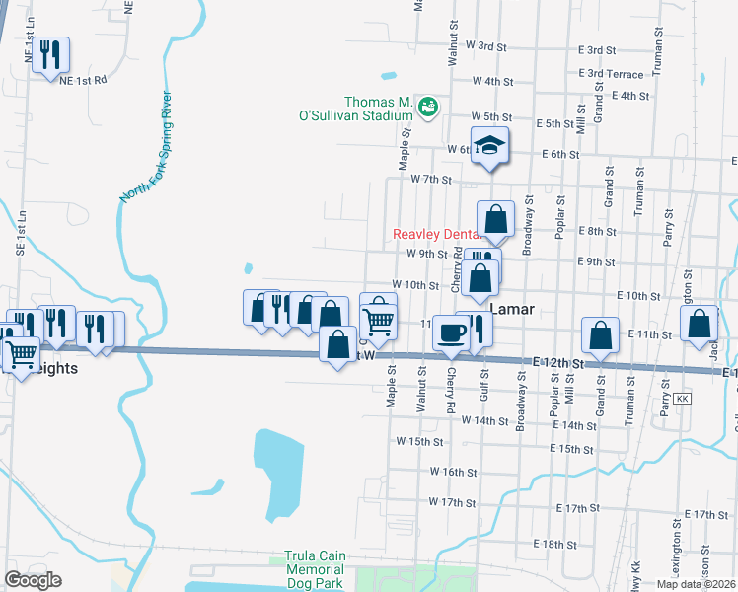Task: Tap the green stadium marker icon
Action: pyautogui.click(x=428, y=106)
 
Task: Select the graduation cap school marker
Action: pyautogui.click(x=489, y=147)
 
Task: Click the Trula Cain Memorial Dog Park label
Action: pyautogui.click(x=315, y=569)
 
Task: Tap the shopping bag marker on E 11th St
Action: pyautogui.click(x=600, y=336)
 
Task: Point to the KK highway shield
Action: pyautogui.click(x=682, y=398)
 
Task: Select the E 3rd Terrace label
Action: pyautogui.click(x=612, y=74)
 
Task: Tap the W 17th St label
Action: pyautogui.click(x=453, y=502)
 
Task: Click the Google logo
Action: pyautogui.click(x=34, y=579)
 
